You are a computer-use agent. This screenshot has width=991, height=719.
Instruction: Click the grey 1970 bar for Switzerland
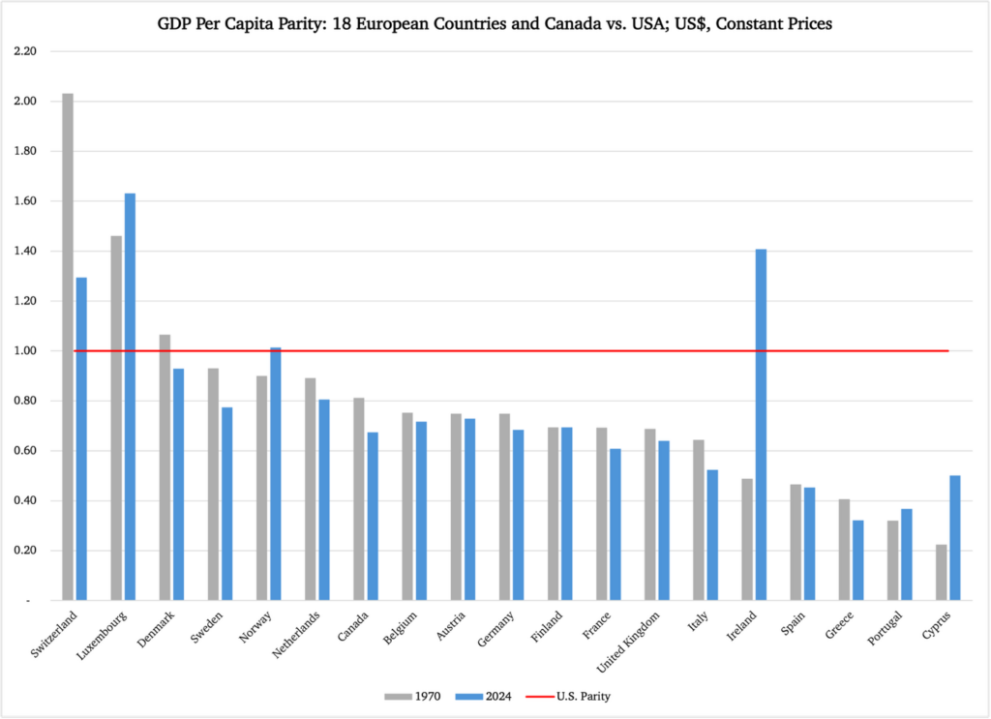pyautogui.click(x=68, y=346)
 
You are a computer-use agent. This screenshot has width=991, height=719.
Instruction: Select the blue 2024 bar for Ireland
pyautogui.click(x=761, y=425)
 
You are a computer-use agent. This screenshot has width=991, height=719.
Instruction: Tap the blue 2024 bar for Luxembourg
pyautogui.click(x=130, y=397)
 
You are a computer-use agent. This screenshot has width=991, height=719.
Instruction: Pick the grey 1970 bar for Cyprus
pyautogui.click(x=941, y=573)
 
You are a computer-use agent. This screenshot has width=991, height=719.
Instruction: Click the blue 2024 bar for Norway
pyautogui.click(x=276, y=474)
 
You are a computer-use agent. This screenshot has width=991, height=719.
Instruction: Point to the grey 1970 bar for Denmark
pyautogui.click(x=165, y=467)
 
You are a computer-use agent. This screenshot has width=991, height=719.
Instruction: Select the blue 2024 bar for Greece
pyautogui.click(x=857, y=560)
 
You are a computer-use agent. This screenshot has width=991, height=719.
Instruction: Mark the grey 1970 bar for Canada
pyautogui.click(x=358, y=499)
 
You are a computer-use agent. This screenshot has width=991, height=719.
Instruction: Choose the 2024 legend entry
pyautogui.click(x=484, y=696)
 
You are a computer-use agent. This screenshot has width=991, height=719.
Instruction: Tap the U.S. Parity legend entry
pyautogui.click(x=568, y=696)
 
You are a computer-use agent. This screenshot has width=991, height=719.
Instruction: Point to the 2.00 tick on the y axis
pyautogui.click(x=25, y=101)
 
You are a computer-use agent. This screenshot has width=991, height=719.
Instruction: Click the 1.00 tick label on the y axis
pyautogui.click(x=25, y=350)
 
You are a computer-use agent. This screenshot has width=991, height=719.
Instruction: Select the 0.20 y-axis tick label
pyautogui.click(x=25, y=551)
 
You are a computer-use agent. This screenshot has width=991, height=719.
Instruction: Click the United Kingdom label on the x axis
pyautogui.click(x=628, y=642)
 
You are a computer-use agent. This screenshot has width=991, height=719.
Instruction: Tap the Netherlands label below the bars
pyautogui.click(x=296, y=635)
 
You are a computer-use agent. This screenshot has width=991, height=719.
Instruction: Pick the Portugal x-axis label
pyautogui.click(x=885, y=628)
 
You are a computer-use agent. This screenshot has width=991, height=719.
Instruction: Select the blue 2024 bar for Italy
pyautogui.click(x=712, y=535)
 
